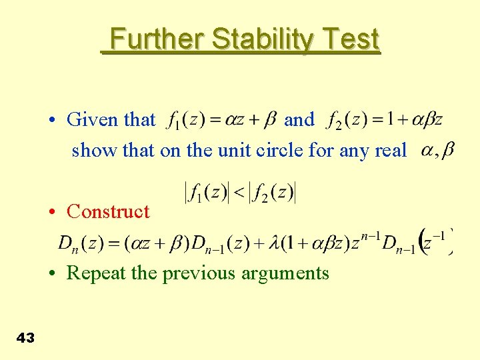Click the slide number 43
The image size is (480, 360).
tap(25, 339)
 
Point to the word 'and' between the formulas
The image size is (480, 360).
tap(299, 120)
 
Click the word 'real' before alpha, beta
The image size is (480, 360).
tap(390, 150)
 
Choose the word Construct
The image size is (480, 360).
tap(108, 211)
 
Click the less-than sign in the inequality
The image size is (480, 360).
tap(238, 194)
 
